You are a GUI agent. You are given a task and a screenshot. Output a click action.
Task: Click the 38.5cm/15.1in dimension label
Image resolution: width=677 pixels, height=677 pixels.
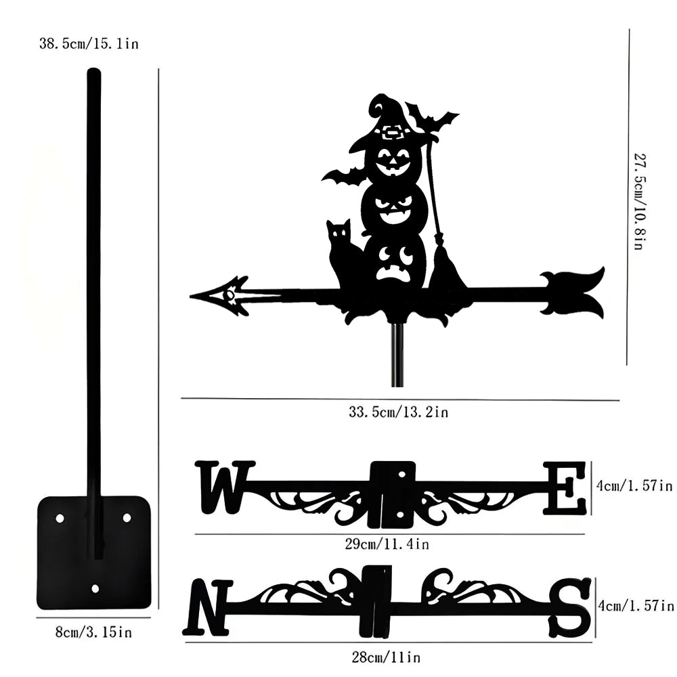[89, 43]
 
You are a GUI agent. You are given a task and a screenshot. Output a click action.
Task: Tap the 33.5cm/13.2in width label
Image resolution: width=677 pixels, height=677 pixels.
[399, 412]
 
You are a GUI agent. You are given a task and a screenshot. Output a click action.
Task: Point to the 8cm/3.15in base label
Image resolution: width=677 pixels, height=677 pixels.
[93, 632]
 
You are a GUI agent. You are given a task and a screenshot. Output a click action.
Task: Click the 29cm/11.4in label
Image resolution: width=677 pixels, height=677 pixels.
[387, 544]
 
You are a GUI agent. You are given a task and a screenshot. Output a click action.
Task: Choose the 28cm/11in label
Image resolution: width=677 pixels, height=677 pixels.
[386, 657]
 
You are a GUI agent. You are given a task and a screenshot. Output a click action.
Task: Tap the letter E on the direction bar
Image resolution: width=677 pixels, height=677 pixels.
[564, 488]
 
